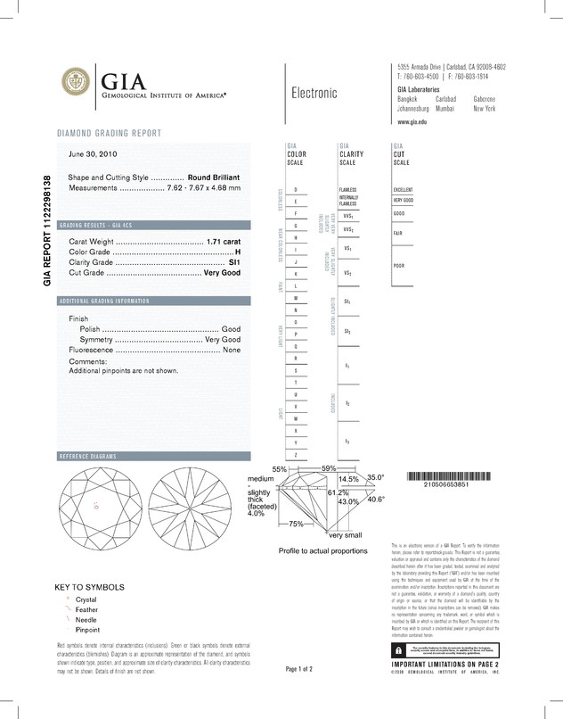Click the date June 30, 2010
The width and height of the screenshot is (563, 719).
click(93, 154)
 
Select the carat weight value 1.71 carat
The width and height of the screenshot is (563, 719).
click(224, 243)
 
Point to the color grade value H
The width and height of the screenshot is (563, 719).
click(238, 253)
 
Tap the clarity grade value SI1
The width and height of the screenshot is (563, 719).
click(235, 264)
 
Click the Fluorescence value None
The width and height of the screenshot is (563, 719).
click(232, 351)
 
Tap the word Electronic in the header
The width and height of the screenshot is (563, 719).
click(314, 93)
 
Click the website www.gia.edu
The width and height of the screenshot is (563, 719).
click(413, 120)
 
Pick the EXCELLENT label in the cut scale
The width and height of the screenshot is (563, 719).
click(404, 190)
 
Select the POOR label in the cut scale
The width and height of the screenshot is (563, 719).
click(399, 266)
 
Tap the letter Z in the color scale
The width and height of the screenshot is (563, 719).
click(296, 455)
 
